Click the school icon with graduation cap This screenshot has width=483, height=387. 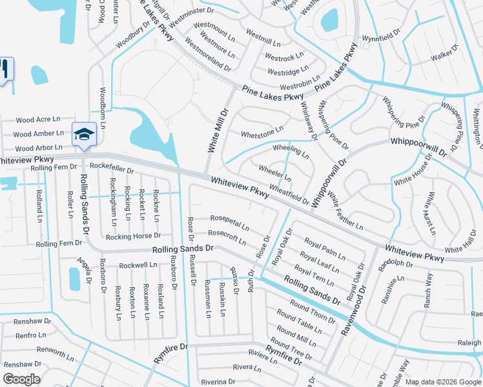point(84,135)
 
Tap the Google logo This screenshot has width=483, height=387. point(21,379)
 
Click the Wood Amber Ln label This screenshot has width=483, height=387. point(39,134)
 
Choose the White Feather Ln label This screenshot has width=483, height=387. point(345,211)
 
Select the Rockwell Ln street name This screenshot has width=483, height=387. point(138,264)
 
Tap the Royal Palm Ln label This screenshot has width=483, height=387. point(325,250)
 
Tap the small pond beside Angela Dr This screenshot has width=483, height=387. point(74,279)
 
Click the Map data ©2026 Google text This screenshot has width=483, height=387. point(443,382)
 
